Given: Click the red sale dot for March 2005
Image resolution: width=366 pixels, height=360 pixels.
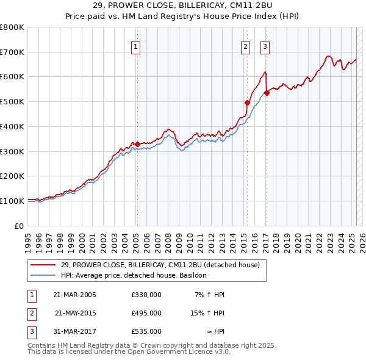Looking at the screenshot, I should (x=137, y=144).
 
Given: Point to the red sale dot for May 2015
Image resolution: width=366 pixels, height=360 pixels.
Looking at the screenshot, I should (x=247, y=103).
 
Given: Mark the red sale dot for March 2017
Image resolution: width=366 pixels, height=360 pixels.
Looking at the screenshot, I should (x=267, y=93).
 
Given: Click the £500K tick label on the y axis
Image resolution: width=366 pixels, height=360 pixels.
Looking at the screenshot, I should (x=12, y=102).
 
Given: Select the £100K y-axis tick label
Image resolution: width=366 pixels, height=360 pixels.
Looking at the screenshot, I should (x=12, y=201).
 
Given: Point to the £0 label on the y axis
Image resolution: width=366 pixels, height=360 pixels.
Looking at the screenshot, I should (x=19, y=226).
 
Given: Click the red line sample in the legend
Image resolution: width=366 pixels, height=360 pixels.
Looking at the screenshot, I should (x=43, y=265).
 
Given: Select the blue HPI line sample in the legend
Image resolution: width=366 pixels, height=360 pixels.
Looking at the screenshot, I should (x=43, y=276).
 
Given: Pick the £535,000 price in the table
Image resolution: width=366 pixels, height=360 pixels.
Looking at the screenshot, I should (x=146, y=331).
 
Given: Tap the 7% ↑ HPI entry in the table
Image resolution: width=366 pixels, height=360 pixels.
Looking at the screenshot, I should (x=209, y=295).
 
